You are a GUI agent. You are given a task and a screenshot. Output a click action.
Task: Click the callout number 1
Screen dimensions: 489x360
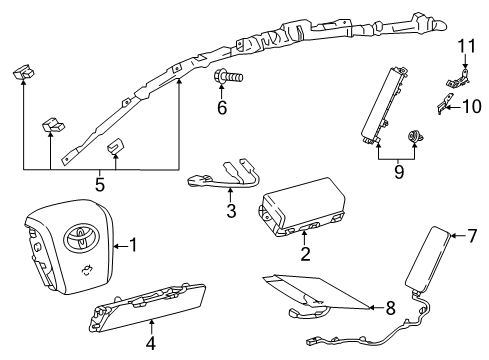[133, 245]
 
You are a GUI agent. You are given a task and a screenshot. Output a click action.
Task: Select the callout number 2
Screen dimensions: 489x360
[305, 254]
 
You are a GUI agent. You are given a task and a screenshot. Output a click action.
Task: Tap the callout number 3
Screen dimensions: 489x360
[231, 211]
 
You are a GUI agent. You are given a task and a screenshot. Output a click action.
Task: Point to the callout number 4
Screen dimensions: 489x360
[151, 343]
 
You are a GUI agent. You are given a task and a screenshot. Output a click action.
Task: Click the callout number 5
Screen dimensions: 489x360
[100, 184]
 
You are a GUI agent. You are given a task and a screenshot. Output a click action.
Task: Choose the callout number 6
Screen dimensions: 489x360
[222, 107]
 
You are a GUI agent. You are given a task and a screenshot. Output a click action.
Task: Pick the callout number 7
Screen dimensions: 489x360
[472, 236]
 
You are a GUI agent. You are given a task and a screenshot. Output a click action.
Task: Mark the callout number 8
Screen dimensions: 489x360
[390, 308]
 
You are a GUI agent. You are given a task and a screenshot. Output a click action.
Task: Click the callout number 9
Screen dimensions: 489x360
[399, 172]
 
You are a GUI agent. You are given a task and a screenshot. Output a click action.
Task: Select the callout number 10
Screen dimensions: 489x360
[472, 107]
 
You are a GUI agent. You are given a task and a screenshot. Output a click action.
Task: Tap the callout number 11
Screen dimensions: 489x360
[466, 46]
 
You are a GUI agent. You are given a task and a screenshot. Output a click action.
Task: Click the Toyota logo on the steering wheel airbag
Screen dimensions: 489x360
[81, 236]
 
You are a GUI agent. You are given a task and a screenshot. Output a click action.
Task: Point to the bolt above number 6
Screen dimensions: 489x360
[228, 78]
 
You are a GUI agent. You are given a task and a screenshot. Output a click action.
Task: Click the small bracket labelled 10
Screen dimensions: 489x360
[445, 103]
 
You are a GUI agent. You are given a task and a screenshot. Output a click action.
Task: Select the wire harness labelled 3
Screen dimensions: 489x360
[223, 176]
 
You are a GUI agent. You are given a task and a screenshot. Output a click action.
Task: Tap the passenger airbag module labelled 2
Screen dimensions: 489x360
[302, 207]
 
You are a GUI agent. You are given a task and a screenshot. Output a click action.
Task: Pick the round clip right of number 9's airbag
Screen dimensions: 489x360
[415, 136]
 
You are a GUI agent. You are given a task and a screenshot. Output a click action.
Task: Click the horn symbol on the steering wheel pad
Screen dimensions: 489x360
[86, 271]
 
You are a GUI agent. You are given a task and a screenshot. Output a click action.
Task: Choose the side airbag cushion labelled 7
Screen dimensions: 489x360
[427, 259]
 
